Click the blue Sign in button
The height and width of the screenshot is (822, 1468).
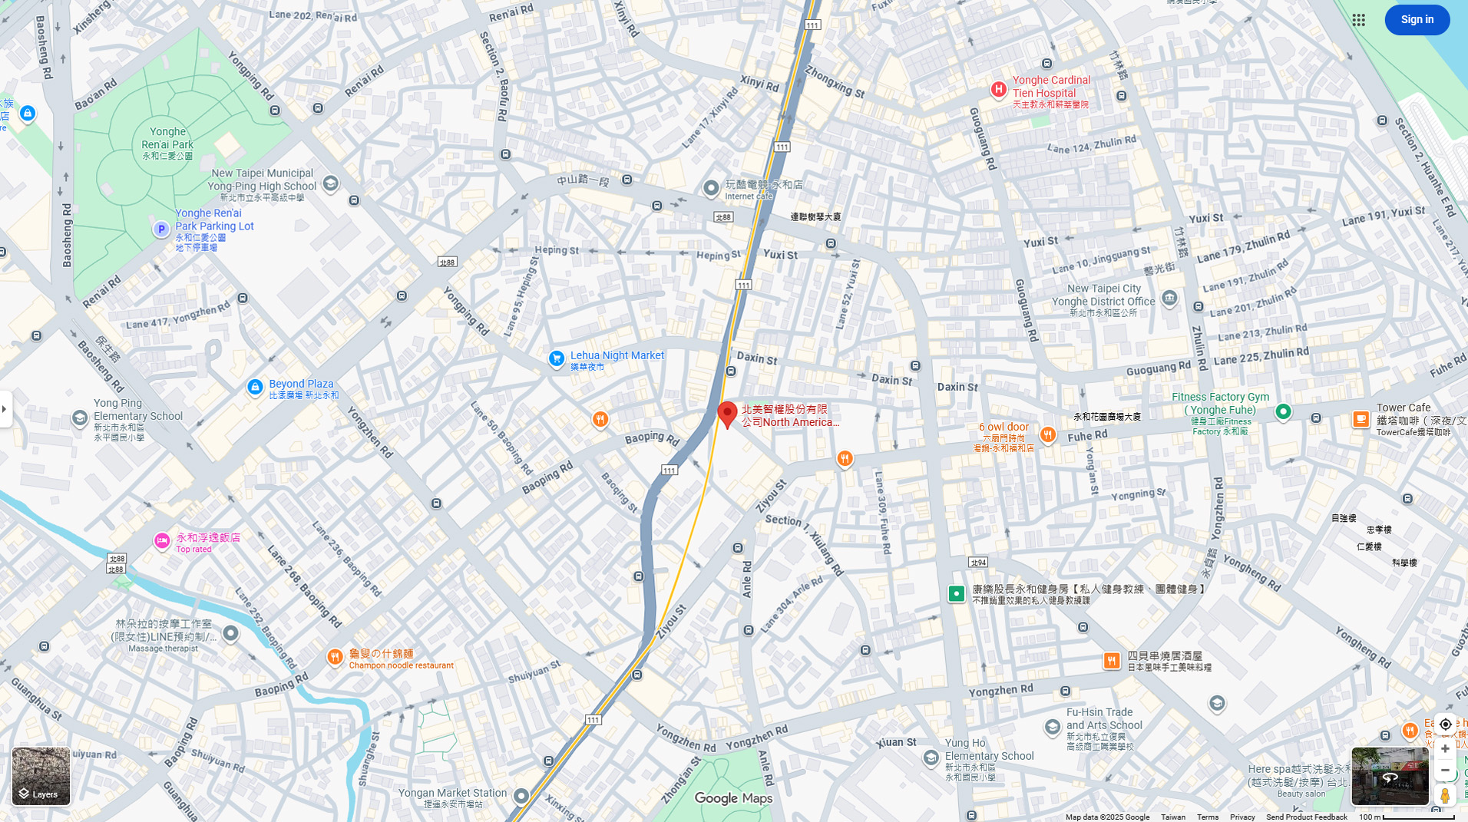1417,20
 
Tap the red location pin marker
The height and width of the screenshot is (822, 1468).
727,414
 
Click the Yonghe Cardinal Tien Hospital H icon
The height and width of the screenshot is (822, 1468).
998,90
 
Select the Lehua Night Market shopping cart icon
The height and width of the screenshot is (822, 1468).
557,358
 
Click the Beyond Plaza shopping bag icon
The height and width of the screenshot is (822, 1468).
255,388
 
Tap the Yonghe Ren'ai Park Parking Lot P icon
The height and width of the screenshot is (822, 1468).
160,229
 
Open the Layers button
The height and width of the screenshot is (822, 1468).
41,776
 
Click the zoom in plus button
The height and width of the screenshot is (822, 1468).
1445,748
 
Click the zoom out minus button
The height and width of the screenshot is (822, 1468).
1445,770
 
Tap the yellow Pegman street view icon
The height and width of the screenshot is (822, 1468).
1445,795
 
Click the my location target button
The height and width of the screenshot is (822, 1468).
1445,725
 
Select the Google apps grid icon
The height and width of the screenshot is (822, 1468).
1358,20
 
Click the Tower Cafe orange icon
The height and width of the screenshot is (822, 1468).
1361,419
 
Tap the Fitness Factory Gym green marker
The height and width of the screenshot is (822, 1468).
1282,412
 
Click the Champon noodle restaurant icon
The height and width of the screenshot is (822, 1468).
335,657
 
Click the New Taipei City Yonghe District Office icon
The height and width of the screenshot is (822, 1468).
1169,298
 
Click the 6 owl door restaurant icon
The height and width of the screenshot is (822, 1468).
1047,435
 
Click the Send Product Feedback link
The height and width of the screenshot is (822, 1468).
1306,817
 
